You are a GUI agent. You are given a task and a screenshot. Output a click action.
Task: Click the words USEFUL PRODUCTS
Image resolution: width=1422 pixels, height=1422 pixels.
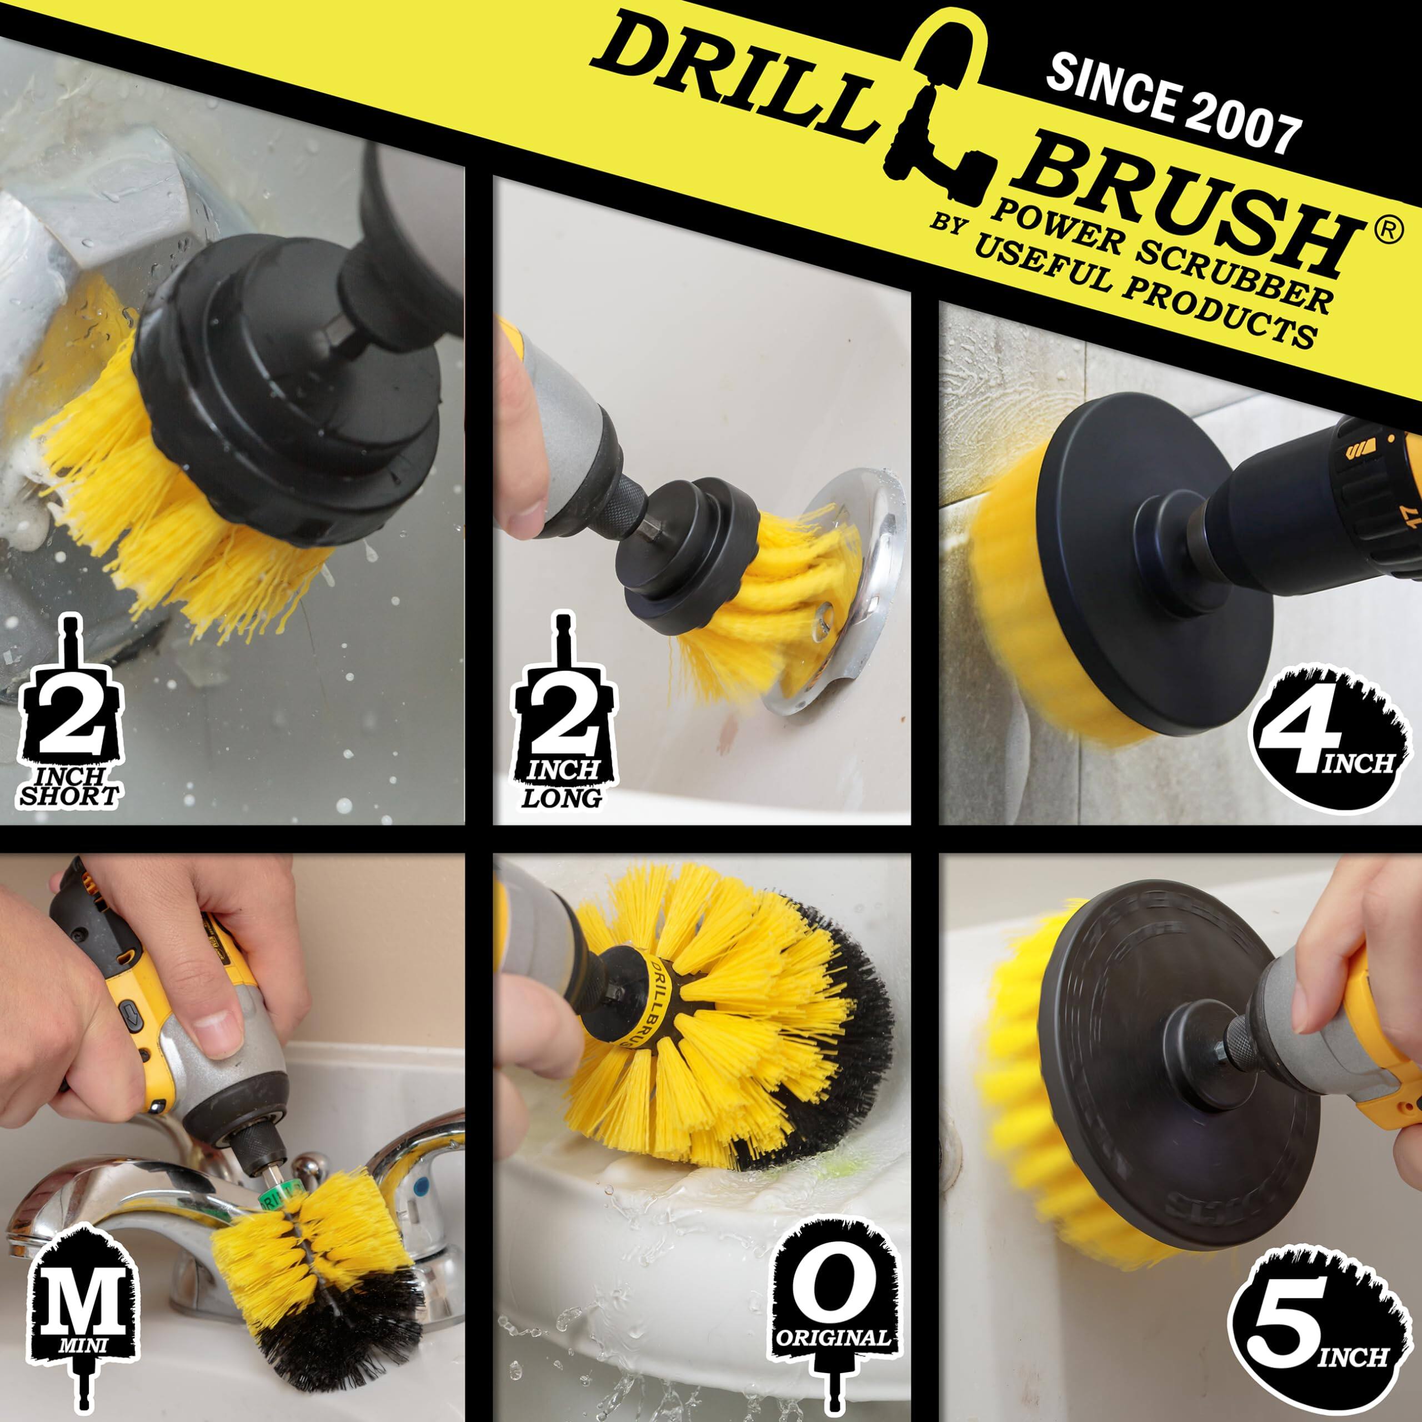tap(1141, 294)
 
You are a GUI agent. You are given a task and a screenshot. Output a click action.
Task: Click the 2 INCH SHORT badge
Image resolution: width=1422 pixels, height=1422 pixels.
tap(70, 718)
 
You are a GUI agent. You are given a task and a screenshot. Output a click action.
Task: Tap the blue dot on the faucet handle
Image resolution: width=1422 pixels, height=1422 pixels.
tap(422, 1187)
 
